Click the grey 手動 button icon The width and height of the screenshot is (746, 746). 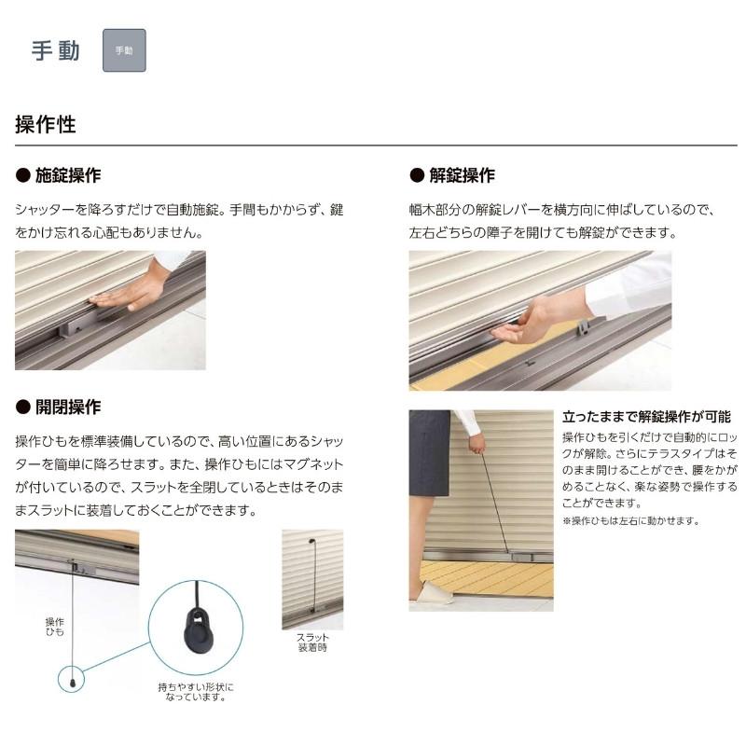pyautogui.click(x=124, y=50)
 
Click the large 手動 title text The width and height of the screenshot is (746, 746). pyautogui.click(x=56, y=50)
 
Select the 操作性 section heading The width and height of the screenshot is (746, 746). pyautogui.click(x=46, y=124)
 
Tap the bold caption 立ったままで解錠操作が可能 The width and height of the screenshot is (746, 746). pyautogui.click(x=646, y=417)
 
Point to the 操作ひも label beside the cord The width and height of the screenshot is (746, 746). pyautogui.click(x=55, y=627)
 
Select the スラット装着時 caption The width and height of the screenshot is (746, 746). pyautogui.click(x=312, y=642)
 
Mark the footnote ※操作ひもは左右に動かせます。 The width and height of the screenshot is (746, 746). pyautogui.click(x=630, y=520)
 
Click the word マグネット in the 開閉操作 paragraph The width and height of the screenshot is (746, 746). pyautogui.click(x=308, y=464)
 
